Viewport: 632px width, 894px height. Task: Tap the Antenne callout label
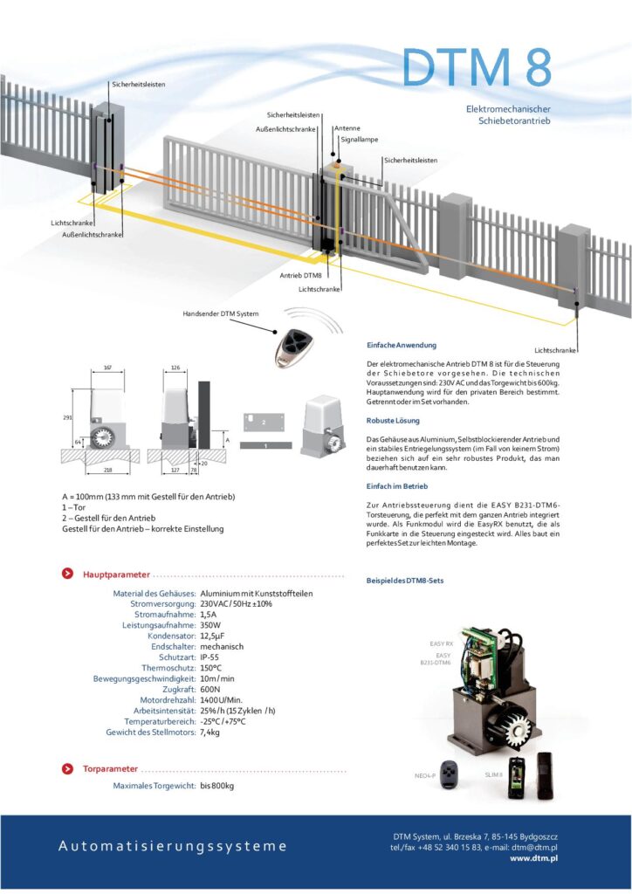347,128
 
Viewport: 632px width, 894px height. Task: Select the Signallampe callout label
359,139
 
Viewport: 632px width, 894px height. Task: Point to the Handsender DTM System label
221,313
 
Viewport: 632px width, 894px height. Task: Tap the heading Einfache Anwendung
402,346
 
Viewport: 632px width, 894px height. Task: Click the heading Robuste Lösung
393,421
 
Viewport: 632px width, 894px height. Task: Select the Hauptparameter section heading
116,574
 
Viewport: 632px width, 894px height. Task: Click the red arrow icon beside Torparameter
67,768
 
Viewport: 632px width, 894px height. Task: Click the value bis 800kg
217,786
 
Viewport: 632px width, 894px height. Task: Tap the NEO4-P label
426,774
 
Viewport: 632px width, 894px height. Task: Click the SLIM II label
494,774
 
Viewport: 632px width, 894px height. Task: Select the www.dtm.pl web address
533,859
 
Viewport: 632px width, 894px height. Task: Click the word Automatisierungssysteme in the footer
172,846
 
